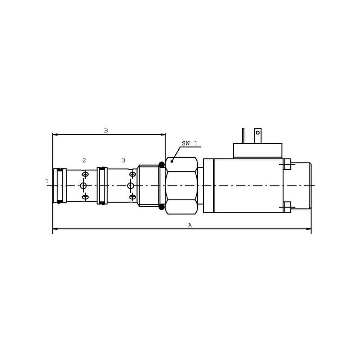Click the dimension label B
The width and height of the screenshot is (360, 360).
tap(106, 130)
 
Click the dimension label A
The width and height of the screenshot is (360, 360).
tap(189, 225)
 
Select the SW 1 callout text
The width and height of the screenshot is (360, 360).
tap(189, 144)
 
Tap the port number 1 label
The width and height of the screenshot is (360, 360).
tap(47, 181)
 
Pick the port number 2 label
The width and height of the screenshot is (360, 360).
tap(84, 160)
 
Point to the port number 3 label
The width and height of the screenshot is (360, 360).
tap(123, 160)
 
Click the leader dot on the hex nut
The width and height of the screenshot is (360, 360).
tap(172, 162)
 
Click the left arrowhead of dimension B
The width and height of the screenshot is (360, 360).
tap(55, 135)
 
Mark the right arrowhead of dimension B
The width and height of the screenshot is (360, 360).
tap(163, 135)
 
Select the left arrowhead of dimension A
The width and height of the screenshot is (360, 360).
tap(55, 229)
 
